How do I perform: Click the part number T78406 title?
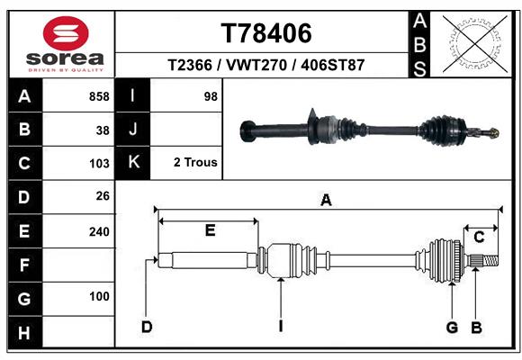pyautogui.click(x=265, y=33)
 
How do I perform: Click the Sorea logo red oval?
pyautogui.click(x=66, y=35)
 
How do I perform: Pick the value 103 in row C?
pyautogui.click(x=99, y=163)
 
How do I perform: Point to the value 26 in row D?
pyautogui.click(x=103, y=196)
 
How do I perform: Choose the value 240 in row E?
pyautogui.click(x=99, y=230)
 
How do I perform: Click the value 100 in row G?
pyautogui.click(x=99, y=296)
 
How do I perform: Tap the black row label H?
pyautogui.click(x=24, y=334)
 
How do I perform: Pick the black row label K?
pyautogui.click(x=134, y=163)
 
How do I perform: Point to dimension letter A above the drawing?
pyautogui.click(x=326, y=202)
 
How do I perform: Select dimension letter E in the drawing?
pyautogui.click(x=209, y=231)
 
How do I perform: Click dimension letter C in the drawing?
pyautogui.click(x=479, y=237)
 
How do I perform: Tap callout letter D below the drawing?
pyautogui.click(x=146, y=327)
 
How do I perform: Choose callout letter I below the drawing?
pyautogui.click(x=281, y=327)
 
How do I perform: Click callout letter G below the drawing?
pyautogui.click(x=452, y=327)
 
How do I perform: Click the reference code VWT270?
pyautogui.click(x=265, y=66)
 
